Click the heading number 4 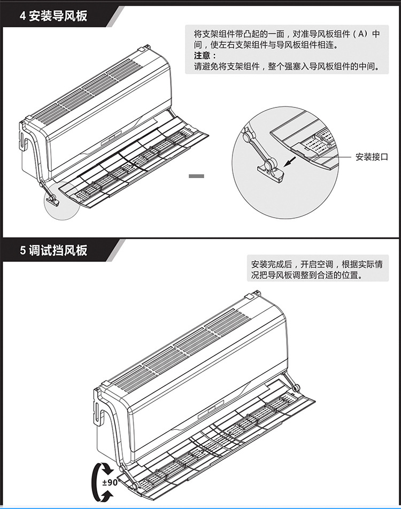tap(23, 16)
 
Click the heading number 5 tap(23, 250)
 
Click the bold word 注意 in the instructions tap(204, 56)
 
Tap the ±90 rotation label tap(109, 482)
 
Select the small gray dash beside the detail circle tap(197, 175)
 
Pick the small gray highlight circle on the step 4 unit tap(60, 200)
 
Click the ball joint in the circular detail tap(248, 137)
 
